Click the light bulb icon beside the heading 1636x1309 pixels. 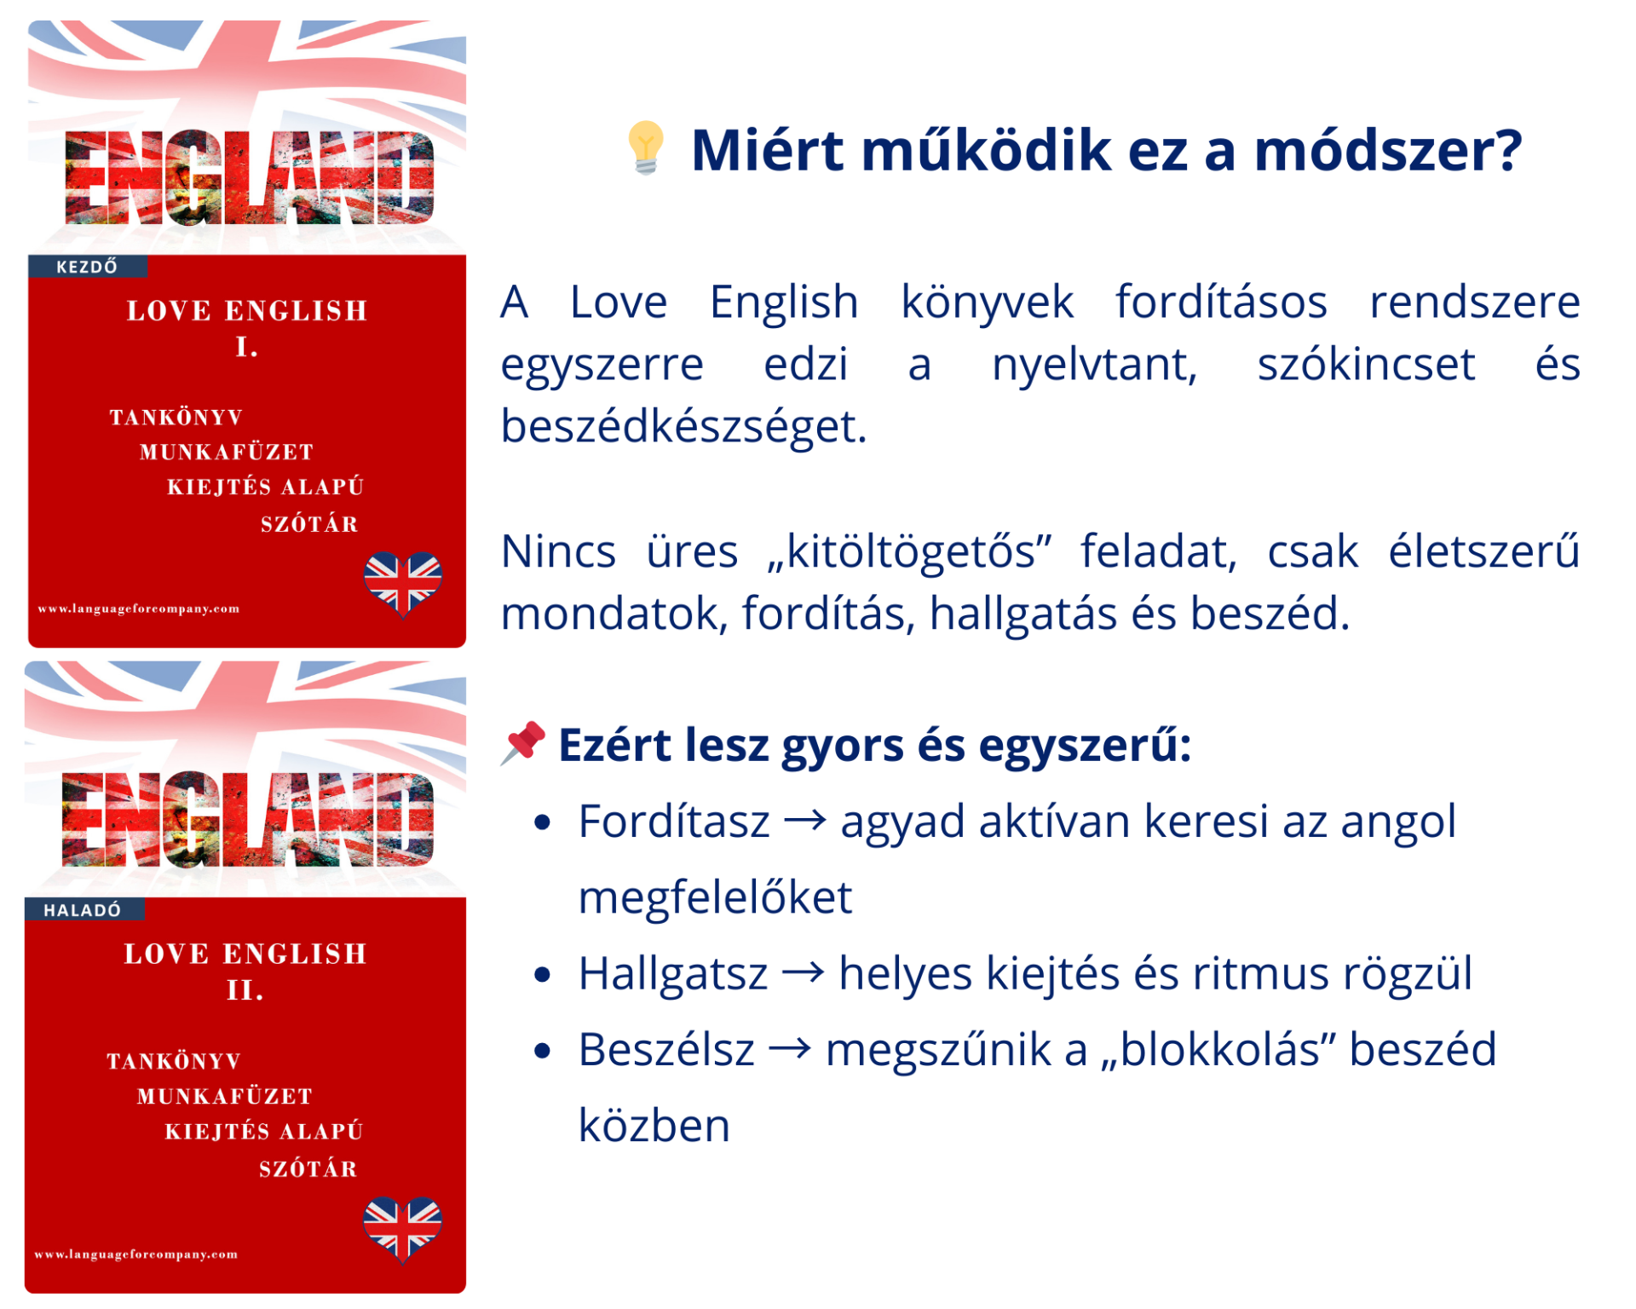tap(646, 147)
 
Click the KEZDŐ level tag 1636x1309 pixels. tap(87, 267)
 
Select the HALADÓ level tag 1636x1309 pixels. tap(83, 910)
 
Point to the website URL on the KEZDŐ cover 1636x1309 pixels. tap(139, 608)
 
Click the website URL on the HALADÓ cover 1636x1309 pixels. tap(136, 1254)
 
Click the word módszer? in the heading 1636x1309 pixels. tap(1388, 150)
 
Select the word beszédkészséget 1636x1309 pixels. tap(683, 426)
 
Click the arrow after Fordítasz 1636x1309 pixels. tap(805, 821)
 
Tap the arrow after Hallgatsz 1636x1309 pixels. tap(803, 972)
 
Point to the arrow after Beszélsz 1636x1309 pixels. tap(790, 1048)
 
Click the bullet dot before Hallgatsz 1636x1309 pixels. tap(543, 974)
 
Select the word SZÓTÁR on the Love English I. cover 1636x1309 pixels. tap(309, 523)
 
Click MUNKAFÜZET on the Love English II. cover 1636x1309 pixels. tap(226, 1096)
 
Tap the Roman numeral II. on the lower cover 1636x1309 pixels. tap(245, 990)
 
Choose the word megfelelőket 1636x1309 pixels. tap(715, 897)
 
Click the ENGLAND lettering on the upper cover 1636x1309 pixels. tap(249, 177)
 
